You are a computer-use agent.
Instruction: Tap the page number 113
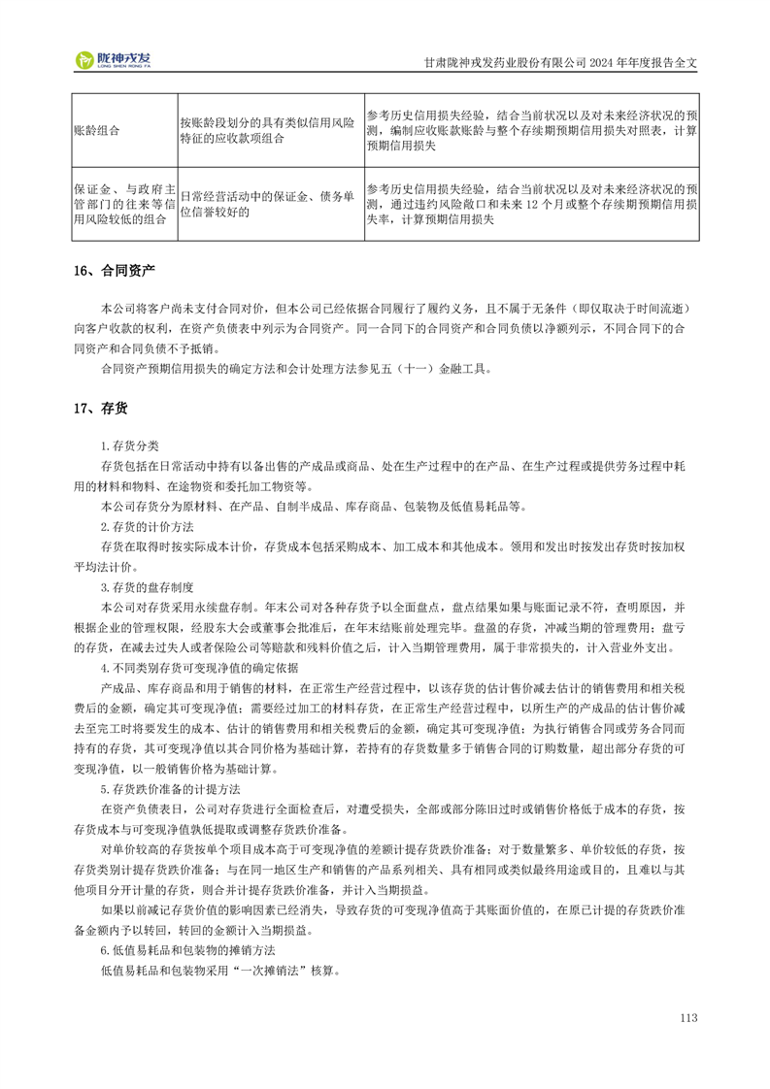[x=689, y=1017]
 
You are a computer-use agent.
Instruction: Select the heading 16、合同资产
[x=114, y=271]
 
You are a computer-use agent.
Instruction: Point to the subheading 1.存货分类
[x=130, y=445]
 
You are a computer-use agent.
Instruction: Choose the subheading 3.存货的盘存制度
[x=148, y=587]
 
